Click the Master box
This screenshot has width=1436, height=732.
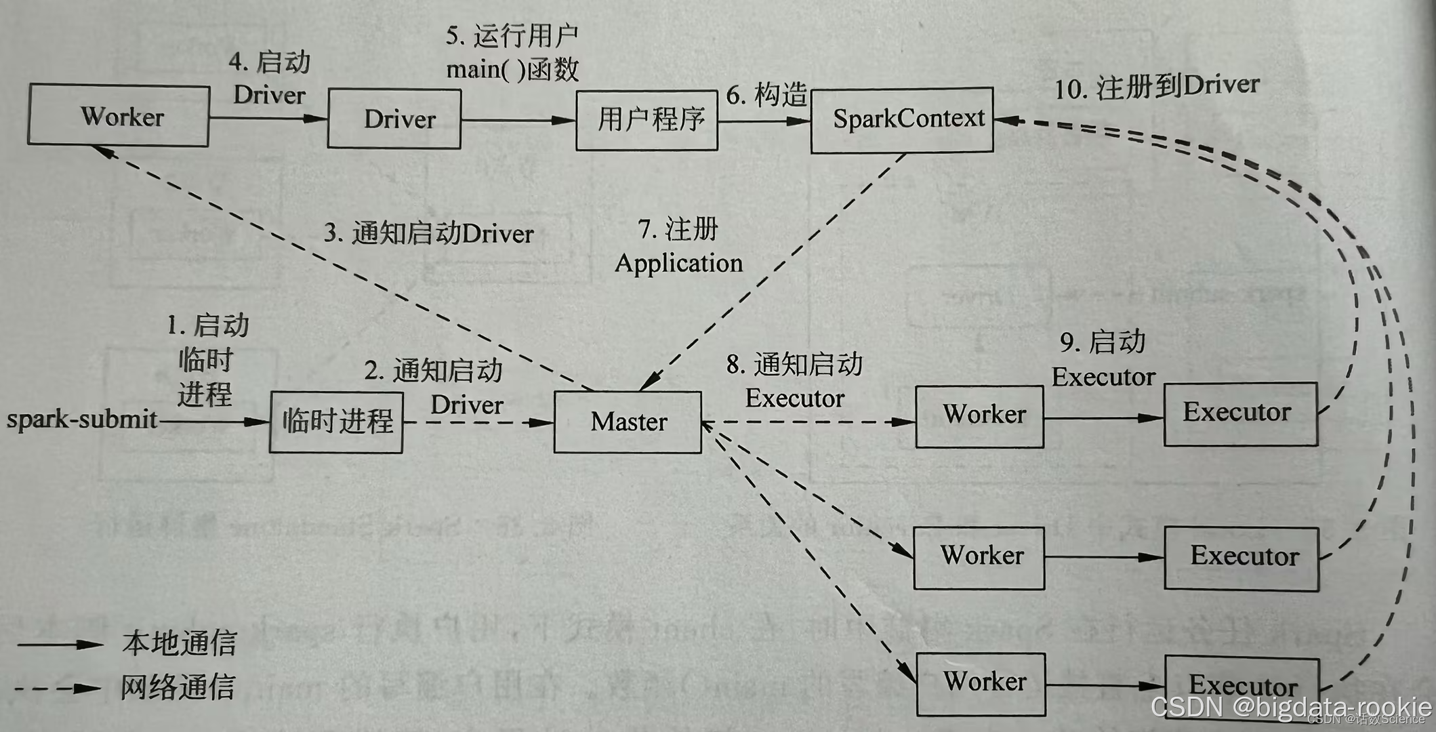[628, 422]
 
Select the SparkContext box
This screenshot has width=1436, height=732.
[902, 120]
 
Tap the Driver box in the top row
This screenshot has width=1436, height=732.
[394, 119]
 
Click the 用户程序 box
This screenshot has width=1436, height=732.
[647, 120]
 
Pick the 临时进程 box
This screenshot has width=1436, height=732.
[336, 422]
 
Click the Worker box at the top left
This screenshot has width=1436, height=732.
[119, 116]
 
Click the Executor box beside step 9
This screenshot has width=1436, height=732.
[1240, 413]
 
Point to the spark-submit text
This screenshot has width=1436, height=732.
[82, 420]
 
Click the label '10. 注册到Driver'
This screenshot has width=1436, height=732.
[1156, 87]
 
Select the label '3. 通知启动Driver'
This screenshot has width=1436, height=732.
[429, 234]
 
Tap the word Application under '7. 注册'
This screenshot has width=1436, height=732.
[678, 263]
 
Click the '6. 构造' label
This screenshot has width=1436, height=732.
[766, 95]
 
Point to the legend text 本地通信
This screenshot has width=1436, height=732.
[179, 643]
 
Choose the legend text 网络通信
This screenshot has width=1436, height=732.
[178, 687]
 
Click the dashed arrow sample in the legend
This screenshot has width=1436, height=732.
[58, 689]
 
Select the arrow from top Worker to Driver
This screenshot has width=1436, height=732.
[268, 119]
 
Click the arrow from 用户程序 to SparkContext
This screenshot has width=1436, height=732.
[764, 121]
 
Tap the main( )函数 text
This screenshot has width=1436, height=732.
[512, 69]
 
